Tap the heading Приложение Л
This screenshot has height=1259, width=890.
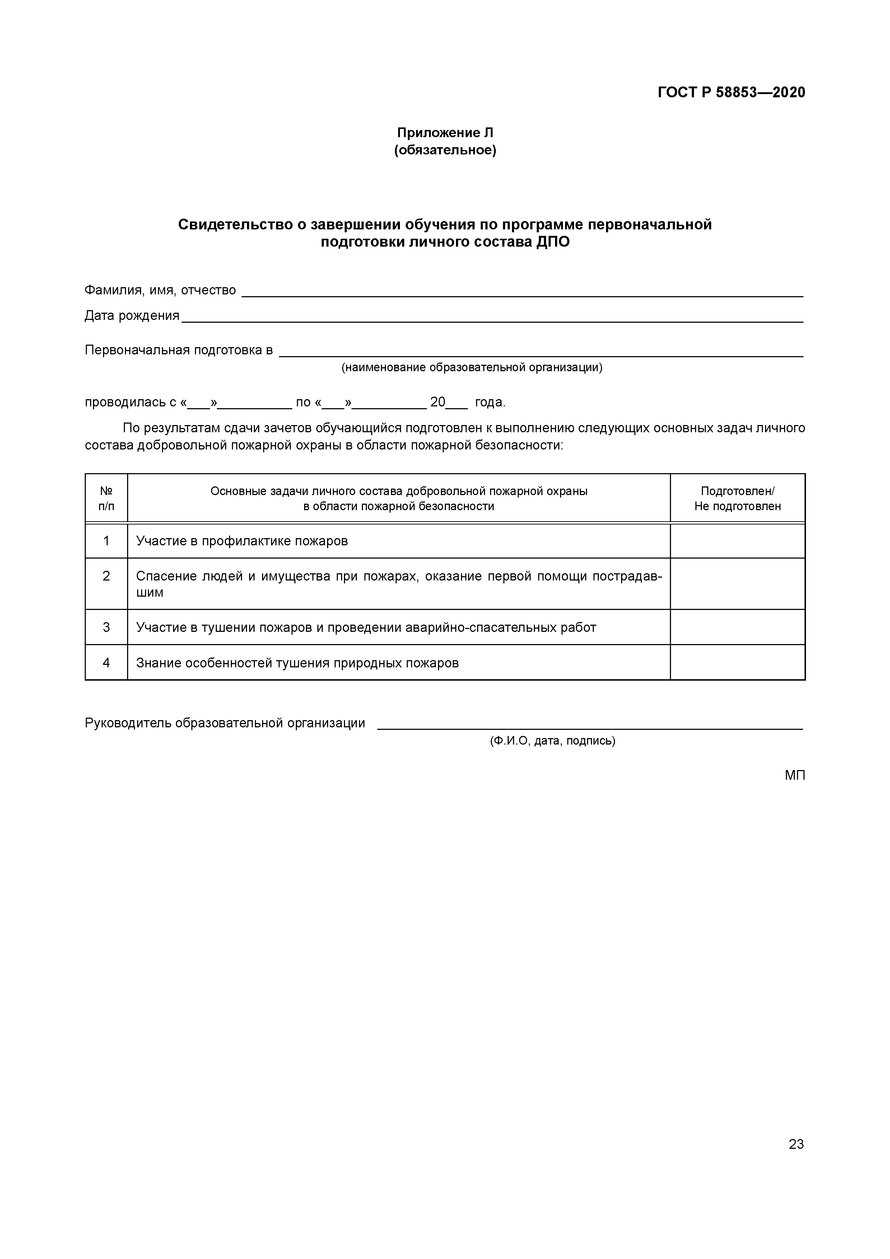[x=445, y=133]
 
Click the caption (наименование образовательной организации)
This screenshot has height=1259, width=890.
[x=472, y=367]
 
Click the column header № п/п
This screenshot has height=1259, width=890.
[x=106, y=498]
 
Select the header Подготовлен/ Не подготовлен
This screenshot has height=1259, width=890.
[x=737, y=498]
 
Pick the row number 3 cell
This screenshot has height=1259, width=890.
[x=106, y=627]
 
